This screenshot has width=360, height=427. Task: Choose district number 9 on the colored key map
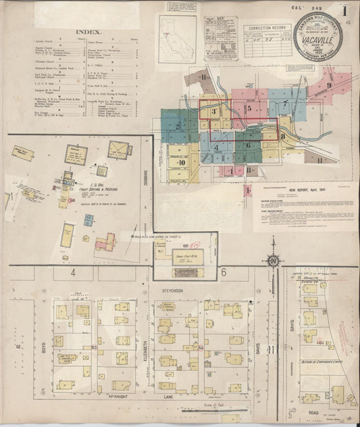(x=329, y=86)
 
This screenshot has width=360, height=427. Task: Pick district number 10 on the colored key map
(x=181, y=163)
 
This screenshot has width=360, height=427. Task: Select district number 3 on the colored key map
(x=214, y=110)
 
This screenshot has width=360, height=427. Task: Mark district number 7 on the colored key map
(x=286, y=104)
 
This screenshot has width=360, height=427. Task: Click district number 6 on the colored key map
(x=248, y=145)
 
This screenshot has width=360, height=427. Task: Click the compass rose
(x=273, y=259)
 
